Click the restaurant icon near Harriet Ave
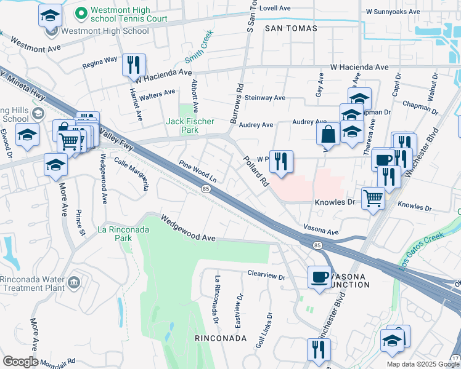coord(134,65)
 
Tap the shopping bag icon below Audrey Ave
coord(328,134)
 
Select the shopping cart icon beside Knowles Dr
coord(373,198)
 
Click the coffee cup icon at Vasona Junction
coord(319,277)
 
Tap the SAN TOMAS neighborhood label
coord(291,28)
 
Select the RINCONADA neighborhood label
coord(220,338)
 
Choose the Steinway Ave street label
coord(265,98)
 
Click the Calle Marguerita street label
coord(132,173)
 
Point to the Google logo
coord(20,362)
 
